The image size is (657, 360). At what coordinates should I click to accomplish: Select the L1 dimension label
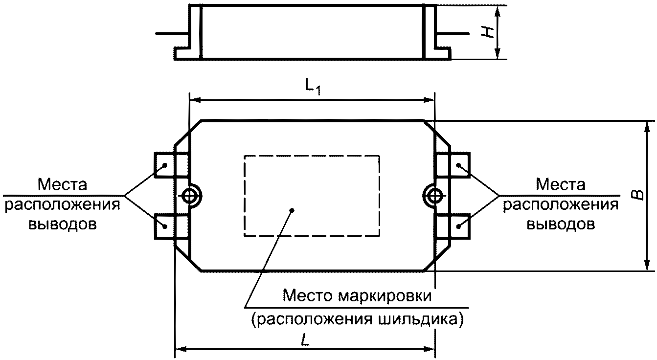click(313, 87)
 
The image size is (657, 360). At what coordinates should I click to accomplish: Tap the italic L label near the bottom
click(305, 340)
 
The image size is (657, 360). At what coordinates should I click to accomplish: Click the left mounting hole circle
click(183, 196)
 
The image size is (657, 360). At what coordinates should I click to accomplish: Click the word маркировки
click(385, 296)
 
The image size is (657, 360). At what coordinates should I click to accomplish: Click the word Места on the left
click(62, 185)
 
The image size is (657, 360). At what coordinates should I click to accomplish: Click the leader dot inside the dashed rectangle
click(292, 210)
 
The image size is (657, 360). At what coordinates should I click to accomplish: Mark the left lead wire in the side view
click(172, 34)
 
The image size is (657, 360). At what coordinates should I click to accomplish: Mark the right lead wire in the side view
click(453, 34)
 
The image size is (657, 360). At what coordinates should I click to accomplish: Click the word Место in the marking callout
click(308, 296)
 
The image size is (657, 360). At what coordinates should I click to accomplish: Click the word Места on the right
click(561, 185)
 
